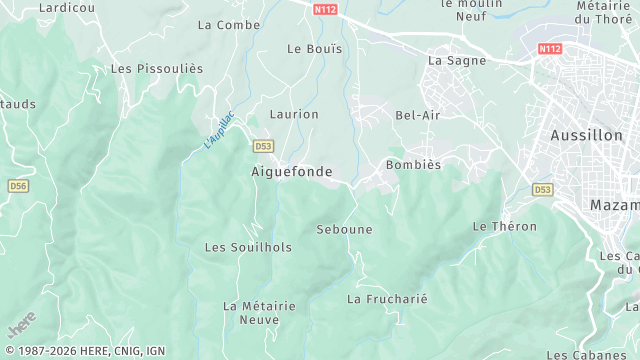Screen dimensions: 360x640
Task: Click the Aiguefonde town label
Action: [x=291, y=172]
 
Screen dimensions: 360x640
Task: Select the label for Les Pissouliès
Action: [x=157, y=69]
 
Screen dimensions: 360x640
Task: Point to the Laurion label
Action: [x=294, y=115]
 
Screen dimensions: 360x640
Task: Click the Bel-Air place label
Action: [x=418, y=115]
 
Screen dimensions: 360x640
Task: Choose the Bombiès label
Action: [x=413, y=165]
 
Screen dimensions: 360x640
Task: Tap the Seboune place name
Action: [x=344, y=230]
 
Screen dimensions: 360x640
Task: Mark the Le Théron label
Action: [x=504, y=227]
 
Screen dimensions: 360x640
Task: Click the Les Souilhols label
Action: [x=248, y=247]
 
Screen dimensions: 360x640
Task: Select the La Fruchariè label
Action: [x=387, y=299]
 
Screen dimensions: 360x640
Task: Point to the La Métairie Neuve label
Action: [x=259, y=313]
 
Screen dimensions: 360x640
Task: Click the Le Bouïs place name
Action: [x=314, y=48]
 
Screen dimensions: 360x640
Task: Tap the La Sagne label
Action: [x=456, y=60]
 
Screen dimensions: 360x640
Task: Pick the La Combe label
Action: [x=229, y=25]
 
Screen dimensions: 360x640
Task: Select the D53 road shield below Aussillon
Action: [x=542, y=189]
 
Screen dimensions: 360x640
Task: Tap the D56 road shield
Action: [x=18, y=186]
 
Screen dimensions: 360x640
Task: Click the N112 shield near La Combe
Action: [x=324, y=10]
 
